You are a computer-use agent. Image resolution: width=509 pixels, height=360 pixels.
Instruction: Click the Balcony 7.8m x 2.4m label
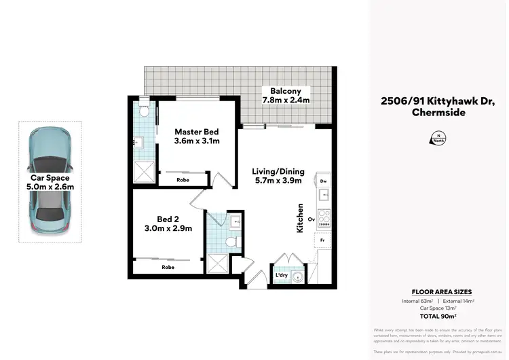pos(286,95)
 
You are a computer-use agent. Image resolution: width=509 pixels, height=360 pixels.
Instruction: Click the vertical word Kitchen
pos(299,219)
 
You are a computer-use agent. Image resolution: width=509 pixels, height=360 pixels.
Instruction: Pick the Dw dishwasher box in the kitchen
pos(323,182)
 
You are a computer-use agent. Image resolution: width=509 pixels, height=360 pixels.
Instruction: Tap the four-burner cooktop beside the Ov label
pos(324,221)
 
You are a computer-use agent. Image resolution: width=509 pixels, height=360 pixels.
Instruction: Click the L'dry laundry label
pos(281,275)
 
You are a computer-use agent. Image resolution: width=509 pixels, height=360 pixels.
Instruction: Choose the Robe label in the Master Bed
pos(183,181)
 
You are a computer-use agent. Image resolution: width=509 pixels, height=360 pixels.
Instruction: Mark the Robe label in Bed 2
pos(168,268)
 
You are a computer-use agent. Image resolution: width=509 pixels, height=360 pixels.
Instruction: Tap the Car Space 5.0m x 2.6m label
pos(50,182)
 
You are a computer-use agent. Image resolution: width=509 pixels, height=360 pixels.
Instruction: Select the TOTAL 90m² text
pos(438,316)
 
